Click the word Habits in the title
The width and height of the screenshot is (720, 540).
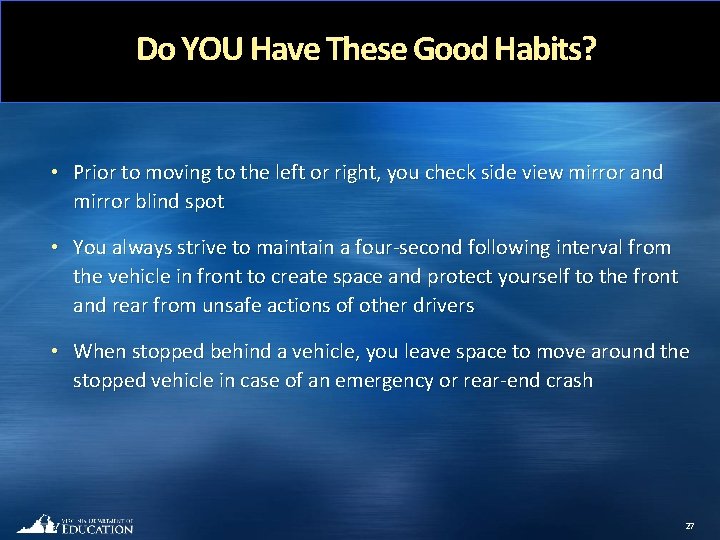point(541,48)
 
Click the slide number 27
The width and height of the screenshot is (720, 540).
point(689,525)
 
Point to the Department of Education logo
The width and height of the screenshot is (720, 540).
point(75,524)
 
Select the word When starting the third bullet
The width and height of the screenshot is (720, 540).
point(99,351)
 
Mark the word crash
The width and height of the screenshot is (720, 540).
point(568,380)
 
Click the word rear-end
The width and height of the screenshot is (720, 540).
point(502,380)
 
